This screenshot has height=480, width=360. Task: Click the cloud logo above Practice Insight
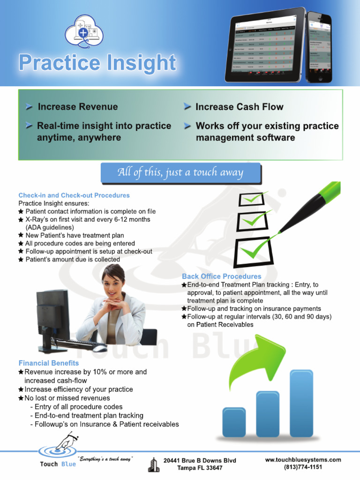83,31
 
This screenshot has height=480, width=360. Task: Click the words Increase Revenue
77,107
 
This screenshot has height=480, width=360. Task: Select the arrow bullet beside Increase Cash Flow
187,107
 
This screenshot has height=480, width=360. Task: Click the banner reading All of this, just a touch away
180,173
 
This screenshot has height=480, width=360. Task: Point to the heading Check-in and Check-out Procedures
74,195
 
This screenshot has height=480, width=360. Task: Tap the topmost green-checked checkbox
252,199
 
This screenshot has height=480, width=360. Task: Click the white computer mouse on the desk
99,348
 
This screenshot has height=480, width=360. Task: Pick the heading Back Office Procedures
222,277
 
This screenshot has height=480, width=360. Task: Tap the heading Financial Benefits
49,363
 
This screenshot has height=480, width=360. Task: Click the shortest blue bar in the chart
234,421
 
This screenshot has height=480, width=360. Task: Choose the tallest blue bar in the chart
301,403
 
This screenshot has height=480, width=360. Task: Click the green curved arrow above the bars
253,361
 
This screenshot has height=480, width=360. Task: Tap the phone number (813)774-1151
303,467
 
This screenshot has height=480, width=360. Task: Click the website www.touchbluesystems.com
303,460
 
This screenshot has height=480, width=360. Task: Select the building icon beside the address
153,464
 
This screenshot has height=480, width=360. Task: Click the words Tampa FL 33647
200,468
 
